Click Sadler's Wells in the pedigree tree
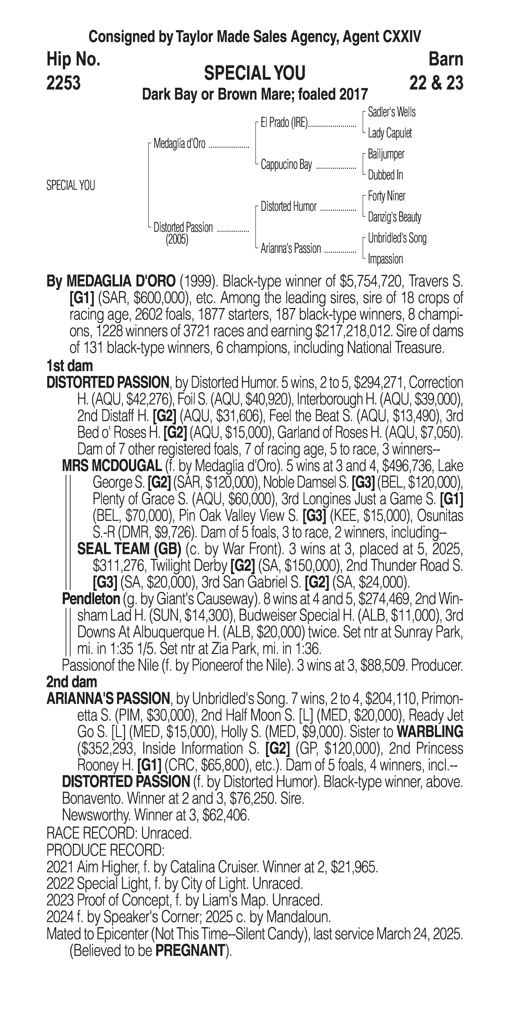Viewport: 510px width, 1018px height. click(x=391, y=112)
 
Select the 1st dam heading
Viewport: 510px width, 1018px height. click(x=70, y=366)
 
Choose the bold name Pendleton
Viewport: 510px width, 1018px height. click(x=91, y=599)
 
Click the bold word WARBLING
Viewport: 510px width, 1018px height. click(x=430, y=732)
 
